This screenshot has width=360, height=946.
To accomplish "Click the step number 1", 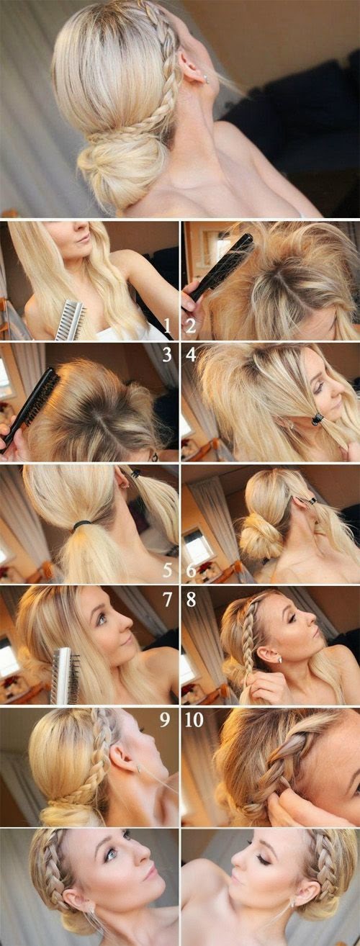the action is [167, 326].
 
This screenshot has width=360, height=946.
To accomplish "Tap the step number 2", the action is [191, 326].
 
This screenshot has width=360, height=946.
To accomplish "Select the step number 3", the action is [167, 355].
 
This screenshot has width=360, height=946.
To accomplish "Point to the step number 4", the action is [191, 355].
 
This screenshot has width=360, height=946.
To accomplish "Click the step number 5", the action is [167, 570].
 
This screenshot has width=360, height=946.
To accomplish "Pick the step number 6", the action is [191, 570].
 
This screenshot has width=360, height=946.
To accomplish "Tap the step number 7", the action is [167, 599].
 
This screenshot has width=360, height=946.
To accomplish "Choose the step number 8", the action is [191, 599].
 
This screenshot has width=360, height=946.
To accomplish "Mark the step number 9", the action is [165, 720].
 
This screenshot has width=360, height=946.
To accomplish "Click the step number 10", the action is [194, 720].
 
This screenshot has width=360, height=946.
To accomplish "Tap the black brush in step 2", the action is [220, 270].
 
